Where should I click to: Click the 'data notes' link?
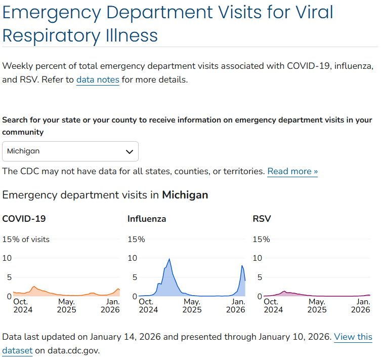98,79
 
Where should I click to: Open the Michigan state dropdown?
70,151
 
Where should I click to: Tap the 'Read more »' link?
292,171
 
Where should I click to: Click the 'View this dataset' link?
353,337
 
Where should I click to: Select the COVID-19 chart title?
24,219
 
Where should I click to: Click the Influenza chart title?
147,219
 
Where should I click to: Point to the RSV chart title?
262,219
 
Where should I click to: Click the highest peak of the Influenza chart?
169,259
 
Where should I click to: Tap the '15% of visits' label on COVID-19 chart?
26,239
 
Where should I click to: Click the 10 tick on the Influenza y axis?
132,258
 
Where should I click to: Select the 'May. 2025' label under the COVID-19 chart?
66,305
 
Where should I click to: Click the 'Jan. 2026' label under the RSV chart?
361,305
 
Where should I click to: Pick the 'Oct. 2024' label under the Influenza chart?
147,305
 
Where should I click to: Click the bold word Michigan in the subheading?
185,195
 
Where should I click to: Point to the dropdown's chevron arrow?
130,151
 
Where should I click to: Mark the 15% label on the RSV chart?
261,239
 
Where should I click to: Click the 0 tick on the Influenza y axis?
135,296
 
